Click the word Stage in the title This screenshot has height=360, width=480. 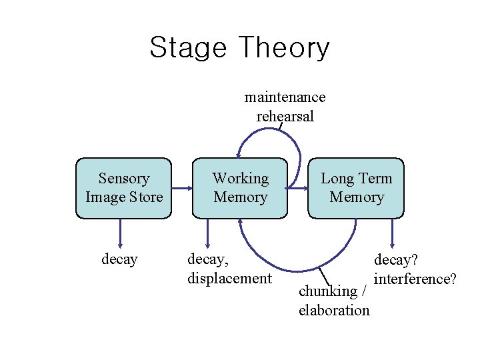(x=188, y=49)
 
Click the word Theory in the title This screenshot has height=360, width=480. (x=283, y=49)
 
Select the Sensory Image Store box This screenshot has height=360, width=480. (x=124, y=188)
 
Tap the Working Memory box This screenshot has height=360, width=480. (x=240, y=188)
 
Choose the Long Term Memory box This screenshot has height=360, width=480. (x=356, y=188)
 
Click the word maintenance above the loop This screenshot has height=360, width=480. (x=285, y=97)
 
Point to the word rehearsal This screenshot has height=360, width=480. (x=285, y=116)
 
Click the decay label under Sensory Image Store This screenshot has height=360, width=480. (x=119, y=259)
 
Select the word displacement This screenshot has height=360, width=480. (x=229, y=278)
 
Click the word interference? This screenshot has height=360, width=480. (x=415, y=278)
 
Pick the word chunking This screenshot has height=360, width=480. (x=328, y=291)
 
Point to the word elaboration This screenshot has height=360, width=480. (x=334, y=310)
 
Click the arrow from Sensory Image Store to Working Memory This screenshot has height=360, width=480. (x=181, y=188)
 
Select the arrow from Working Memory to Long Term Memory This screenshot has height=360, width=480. (x=297, y=188)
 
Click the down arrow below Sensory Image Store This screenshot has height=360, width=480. (x=120, y=233)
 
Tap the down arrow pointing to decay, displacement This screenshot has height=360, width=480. (x=208, y=233)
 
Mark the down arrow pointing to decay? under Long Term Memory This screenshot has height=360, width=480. (x=392, y=233)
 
